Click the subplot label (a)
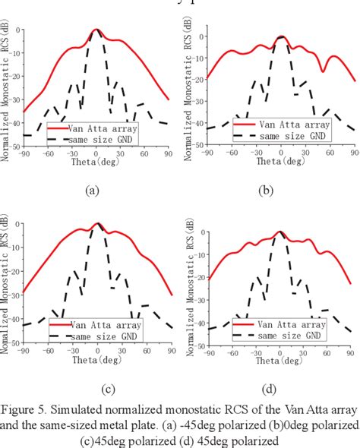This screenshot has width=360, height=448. tap(93, 191)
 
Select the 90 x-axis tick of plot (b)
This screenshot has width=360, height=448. tap(353, 153)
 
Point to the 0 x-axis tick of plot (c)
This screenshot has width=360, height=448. tap(98, 352)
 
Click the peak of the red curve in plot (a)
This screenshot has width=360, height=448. tap(96, 30)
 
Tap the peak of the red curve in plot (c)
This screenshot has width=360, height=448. tap(98, 224)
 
